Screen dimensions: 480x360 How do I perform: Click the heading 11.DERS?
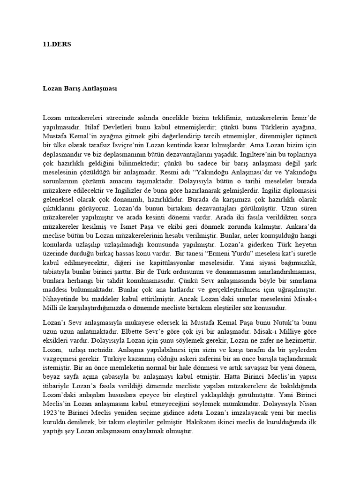(54, 45)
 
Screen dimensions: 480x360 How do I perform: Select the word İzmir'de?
(303, 117)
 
